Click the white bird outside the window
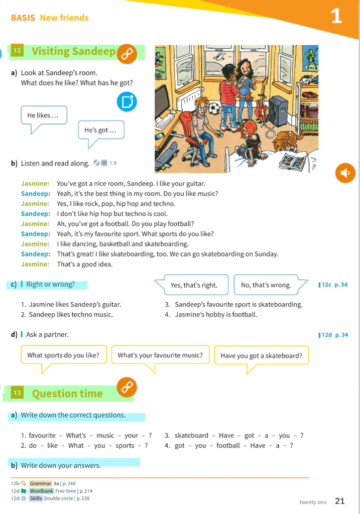(x=219, y=58)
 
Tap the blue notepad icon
(x=127, y=101)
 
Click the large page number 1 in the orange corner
(x=336, y=17)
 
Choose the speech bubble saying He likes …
(x=43, y=115)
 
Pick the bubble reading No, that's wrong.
(x=266, y=285)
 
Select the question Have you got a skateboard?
(x=261, y=356)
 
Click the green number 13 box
(x=18, y=393)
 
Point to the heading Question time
(x=67, y=394)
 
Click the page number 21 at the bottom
(x=339, y=500)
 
